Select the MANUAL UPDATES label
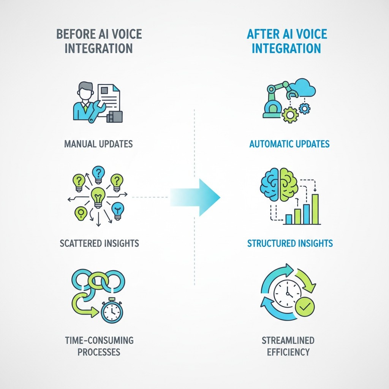pyautogui.click(x=98, y=144)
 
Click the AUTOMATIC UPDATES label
pyautogui.click(x=289, y=144)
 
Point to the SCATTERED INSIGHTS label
pyautogui.click(x=99, y=243)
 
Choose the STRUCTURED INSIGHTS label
pyautogui.click(x=290, y=243)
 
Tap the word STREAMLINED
pyautogui.click(x=288, y=340)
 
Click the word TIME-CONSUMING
pyautogui.click(x=99, y=340)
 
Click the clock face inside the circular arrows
pyautogui.click(x=287, y=294)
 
